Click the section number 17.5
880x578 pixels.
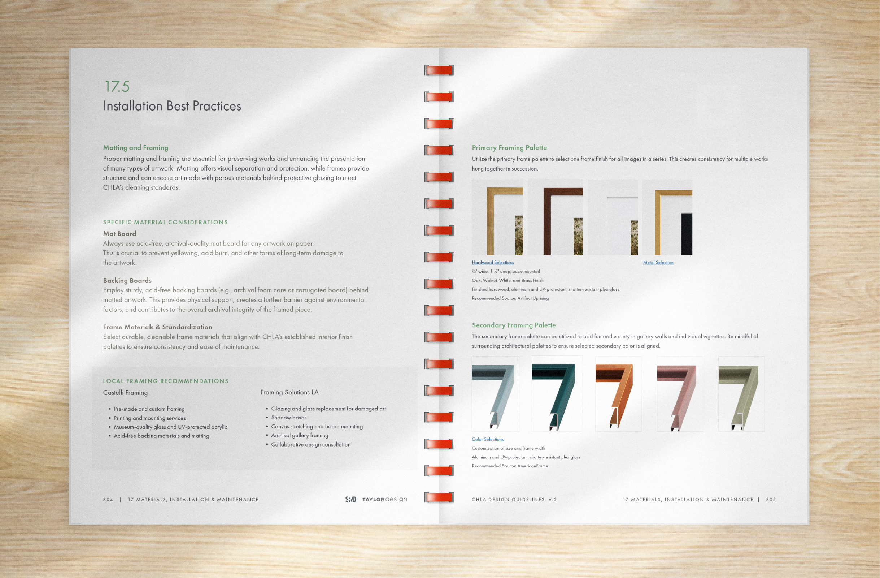(x=117, y=87)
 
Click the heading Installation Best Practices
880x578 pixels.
(x=172, y=106)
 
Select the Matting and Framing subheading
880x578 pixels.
(x=135, y=148)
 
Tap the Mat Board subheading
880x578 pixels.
(x=119, y=233)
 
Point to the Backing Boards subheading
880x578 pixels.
(x=127, y=280)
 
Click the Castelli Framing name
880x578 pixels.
(x=125, y=393)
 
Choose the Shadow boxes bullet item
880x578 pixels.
(x=289, y=417)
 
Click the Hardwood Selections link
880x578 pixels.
(x=492, y=262)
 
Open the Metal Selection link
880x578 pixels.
(x=658, y=262)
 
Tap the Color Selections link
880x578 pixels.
(x=488, y=439)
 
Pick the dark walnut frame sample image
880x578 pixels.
(x=556, y=217)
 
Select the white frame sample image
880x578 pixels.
(x=613, y=217)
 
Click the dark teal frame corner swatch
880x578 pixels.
(x=557, y=394)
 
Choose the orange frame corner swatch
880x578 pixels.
(x=618, y=394)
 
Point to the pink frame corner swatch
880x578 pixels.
(x=680, y=394)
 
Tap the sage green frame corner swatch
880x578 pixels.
(x=741, y=394)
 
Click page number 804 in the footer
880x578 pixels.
(x=108, y=500)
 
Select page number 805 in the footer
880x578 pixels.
(x=771, y=500)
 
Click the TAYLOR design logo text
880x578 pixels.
(x=384, y=499)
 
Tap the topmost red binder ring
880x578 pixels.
(x=439, y=70)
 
